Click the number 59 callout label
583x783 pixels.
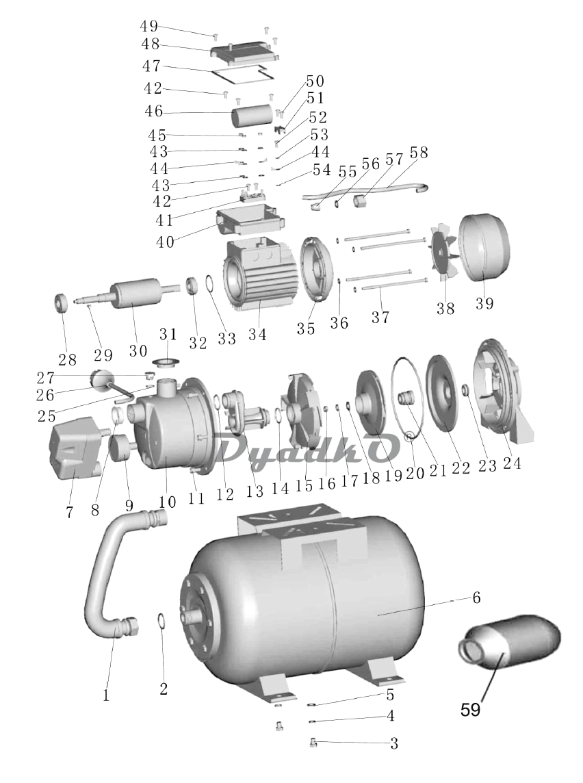pos(470,710)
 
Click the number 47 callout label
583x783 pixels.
pos(151,66)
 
